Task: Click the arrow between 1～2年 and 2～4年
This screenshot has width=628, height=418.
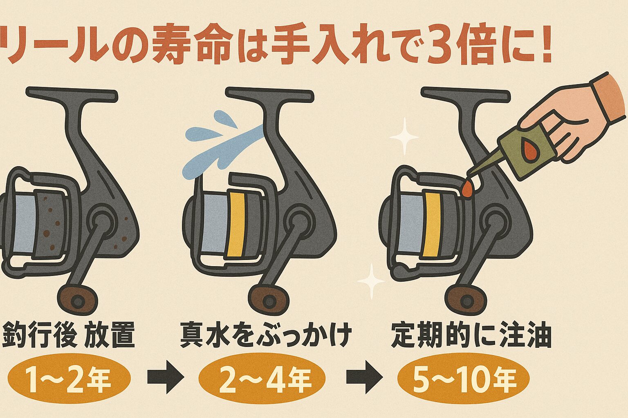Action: (165, 377)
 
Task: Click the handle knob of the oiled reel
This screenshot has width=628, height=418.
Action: (467, 300)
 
